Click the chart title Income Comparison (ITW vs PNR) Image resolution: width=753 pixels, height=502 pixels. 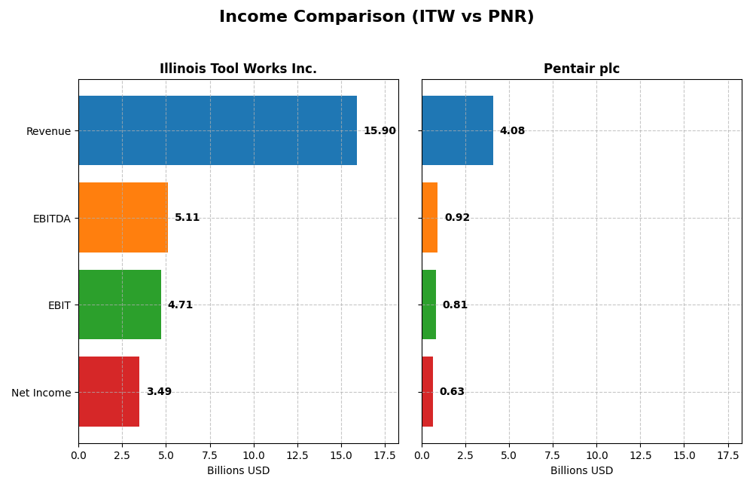click(376, 17)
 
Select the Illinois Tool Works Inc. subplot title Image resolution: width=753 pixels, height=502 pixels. click(238, 69)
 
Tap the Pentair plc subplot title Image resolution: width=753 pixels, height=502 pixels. click(581, 69)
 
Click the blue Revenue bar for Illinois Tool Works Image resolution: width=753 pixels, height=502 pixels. click(218, 130)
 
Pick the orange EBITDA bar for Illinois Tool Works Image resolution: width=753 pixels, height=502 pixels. click(123, 217)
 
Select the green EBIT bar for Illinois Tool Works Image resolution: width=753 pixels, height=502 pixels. click(120, 305)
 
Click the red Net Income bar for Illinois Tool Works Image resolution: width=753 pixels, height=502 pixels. click(108, 391)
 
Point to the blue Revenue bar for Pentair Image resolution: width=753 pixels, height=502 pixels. click(457, 130)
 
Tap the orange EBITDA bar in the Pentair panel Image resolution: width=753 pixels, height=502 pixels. click(429, 217)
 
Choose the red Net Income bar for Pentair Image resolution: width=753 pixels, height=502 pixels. click(427, 391)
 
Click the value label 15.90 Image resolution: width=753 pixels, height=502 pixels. click(380, 131)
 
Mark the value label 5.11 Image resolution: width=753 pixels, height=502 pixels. click(187, 218)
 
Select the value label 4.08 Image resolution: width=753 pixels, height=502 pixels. click(512, 131)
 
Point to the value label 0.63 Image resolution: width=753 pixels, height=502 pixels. click(452, 392)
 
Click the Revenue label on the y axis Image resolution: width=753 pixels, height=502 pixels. click(48, 132)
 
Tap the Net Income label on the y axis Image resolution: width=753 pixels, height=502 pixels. click(41, 393)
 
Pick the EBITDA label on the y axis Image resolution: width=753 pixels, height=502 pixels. click(51, 219)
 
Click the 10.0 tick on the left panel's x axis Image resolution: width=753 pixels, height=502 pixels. click(254, 455)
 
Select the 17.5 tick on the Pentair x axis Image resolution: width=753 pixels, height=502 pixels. click(728, 455)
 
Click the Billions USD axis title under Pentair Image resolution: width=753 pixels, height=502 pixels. click(581, 471)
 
